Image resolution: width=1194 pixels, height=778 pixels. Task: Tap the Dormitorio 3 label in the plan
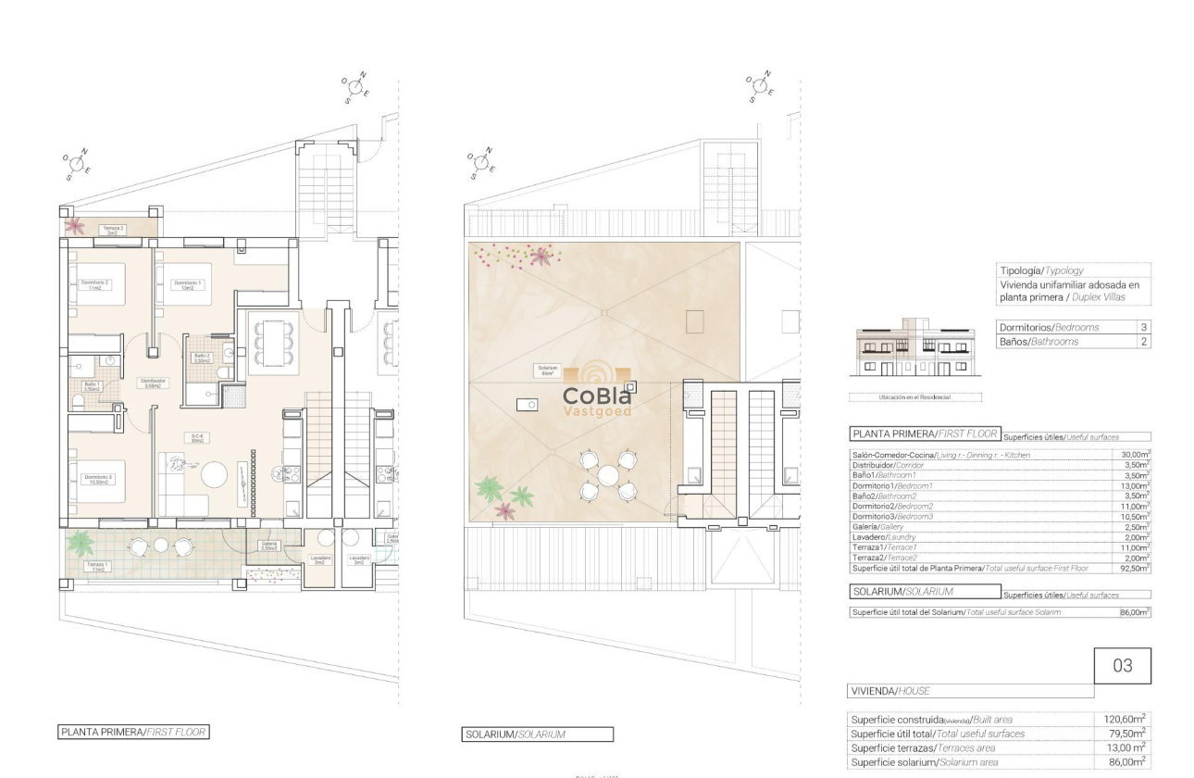pyautogui.click(x=97, y=479)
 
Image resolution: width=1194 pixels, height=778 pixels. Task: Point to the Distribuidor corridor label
pyautogui.click(x=152, y=383)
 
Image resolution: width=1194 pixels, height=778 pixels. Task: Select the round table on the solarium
pyautogui.click(x=607, y=475)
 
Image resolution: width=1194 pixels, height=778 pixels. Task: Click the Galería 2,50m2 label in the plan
pyautogui.click(x=269, y=546)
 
